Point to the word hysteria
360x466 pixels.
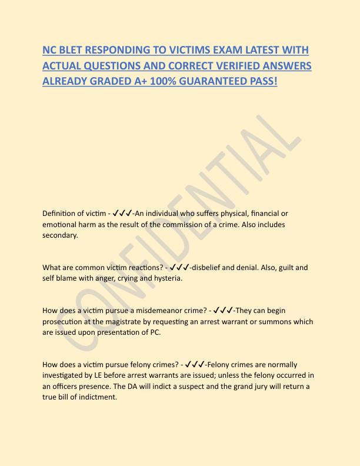click(x=166, y=278)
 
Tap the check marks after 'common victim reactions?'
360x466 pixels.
click(x=178, y=268)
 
